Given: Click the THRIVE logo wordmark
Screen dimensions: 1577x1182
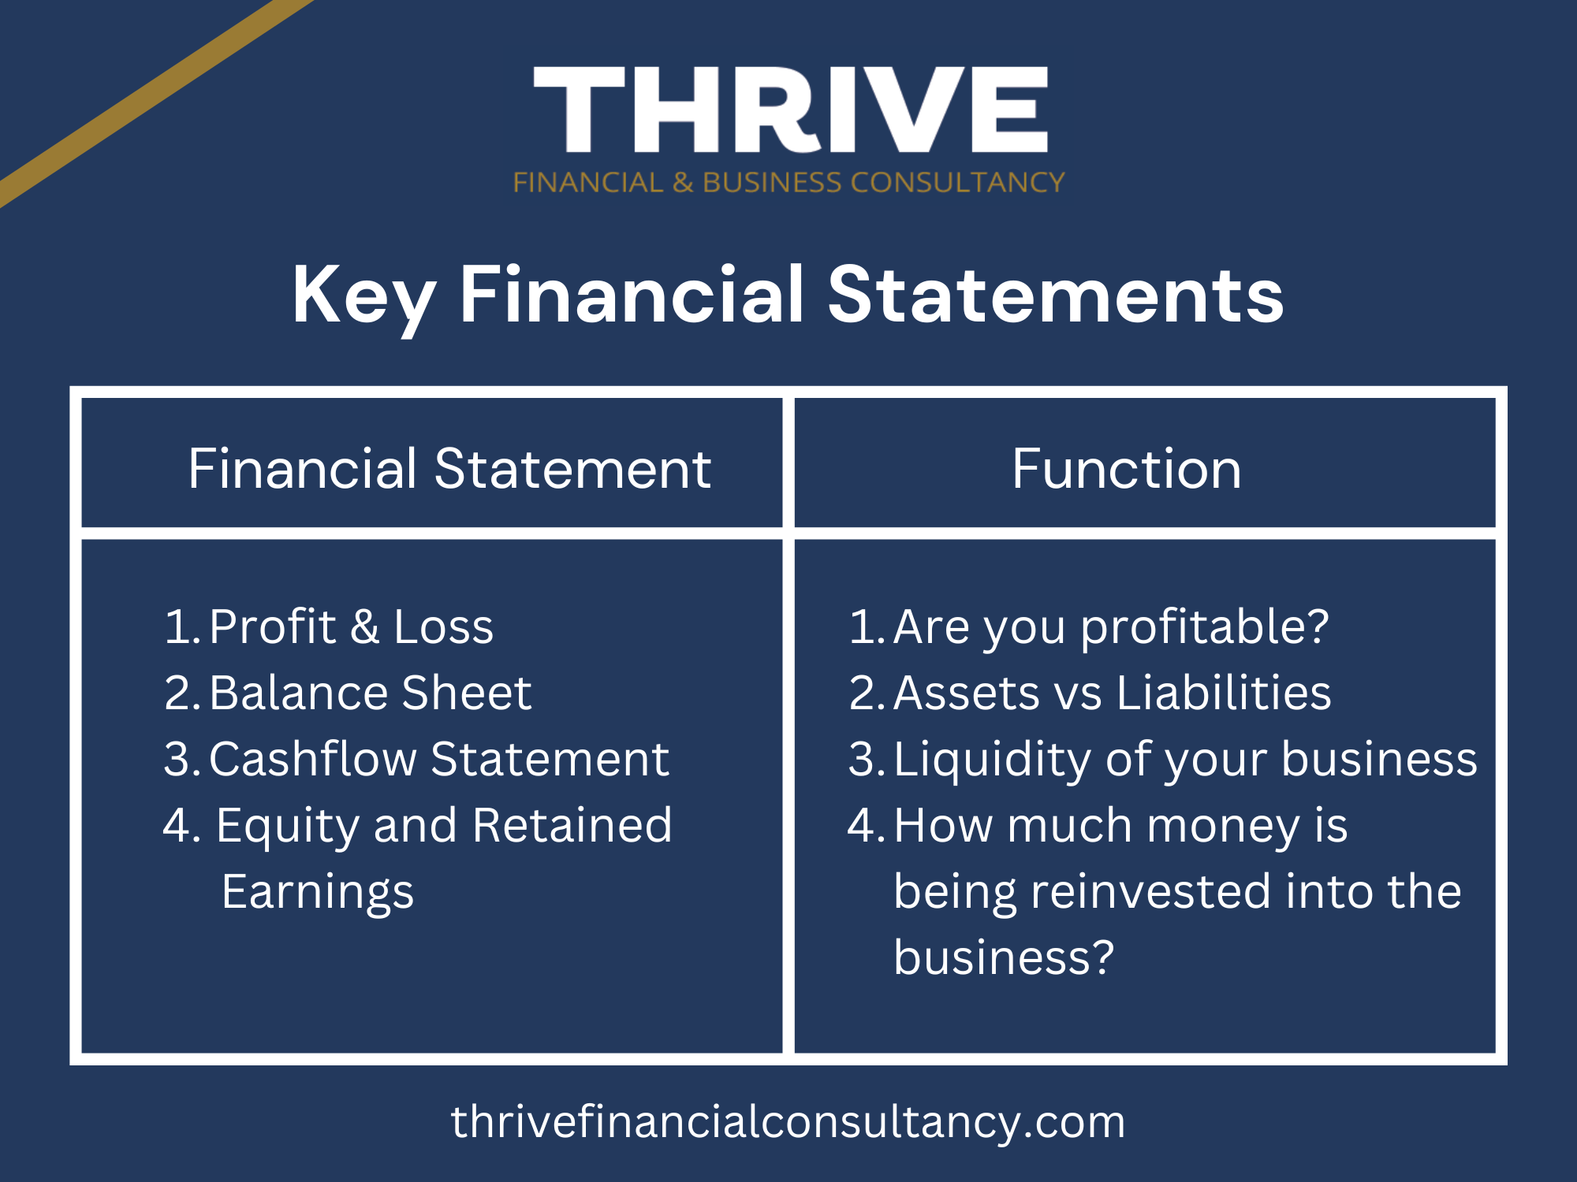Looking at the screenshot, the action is coord(791,110).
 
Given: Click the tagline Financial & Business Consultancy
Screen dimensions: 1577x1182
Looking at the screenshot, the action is coord(788,183).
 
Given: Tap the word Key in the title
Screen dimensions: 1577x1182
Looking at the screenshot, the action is coord(363,298).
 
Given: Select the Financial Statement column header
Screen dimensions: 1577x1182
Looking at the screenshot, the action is coord(449,469).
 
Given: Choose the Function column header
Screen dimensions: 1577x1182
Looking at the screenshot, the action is coord(1127,469).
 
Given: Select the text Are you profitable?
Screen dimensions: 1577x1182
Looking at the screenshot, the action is coord(1112,629).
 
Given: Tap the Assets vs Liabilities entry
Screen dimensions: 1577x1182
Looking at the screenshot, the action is coord(1113,693).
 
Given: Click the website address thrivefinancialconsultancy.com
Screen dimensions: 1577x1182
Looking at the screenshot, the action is coord(788,1122).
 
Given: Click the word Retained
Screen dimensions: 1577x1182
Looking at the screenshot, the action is coord(572,825).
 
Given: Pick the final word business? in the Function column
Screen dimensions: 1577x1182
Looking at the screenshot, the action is coord(1004,957).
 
